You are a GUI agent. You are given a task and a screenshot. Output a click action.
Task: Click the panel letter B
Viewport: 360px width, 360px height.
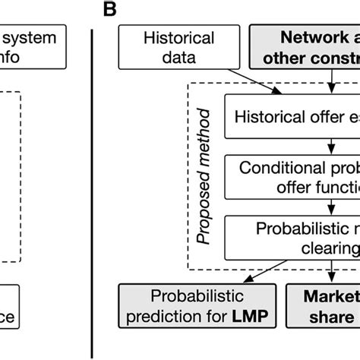point(110,10)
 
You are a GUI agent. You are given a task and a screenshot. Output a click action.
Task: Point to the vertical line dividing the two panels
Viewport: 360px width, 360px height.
point(92,190)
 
